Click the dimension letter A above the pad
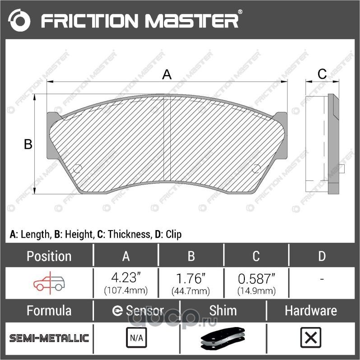coord(167,74)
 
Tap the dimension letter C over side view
coord(322,74)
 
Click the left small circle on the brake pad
coord(77,169)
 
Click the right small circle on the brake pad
coord(256,169)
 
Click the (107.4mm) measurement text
coord(126,291)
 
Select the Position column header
coord(49,256)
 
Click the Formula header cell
coord(49,310)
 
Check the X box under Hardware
coord(310,338)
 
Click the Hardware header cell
coord(310,310)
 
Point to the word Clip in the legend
coord(173,234)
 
